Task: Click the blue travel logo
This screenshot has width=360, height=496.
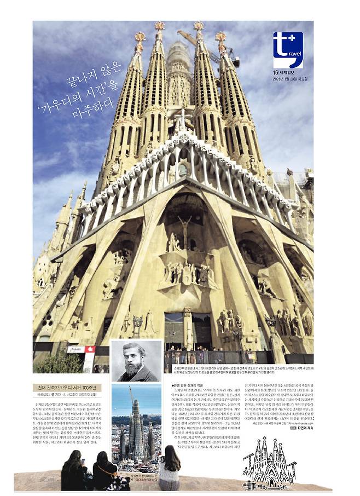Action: (x=287, y=50)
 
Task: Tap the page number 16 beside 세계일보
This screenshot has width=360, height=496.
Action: (x=276, y=72)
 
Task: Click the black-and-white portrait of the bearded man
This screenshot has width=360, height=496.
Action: (x=136, y=361)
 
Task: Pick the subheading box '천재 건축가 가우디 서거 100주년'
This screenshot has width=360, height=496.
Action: (x=66, y=388)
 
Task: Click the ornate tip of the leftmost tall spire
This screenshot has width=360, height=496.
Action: (x=140, y=38)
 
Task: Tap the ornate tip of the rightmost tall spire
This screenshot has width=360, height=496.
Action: (x=221, y=37)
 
